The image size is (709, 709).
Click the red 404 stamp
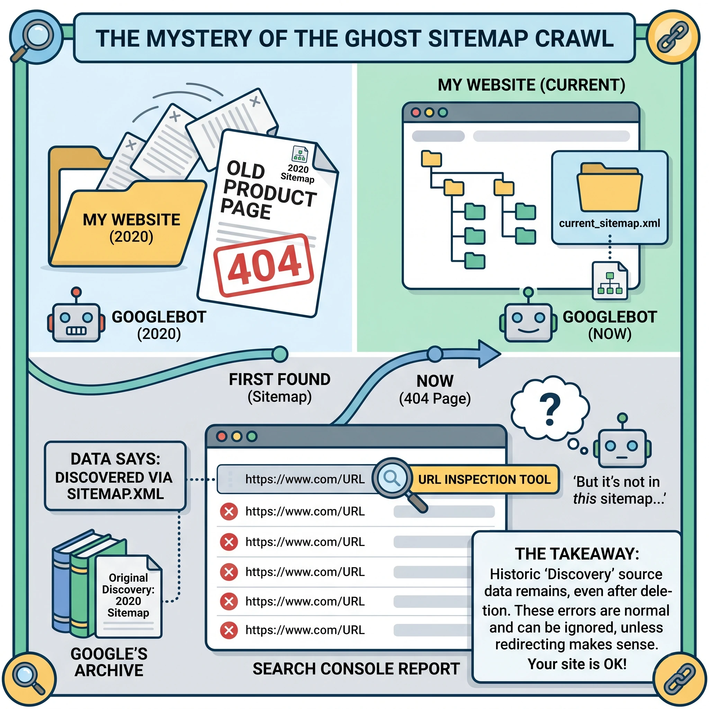tap(264, 265)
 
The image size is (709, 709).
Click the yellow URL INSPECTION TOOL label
tap(484, 479)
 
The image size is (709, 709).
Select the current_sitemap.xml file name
tap(609, 223)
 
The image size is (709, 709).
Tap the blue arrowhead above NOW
tap(488, 354)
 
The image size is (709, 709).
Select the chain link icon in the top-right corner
tap(673, 37)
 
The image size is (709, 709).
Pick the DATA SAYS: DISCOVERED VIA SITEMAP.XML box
tap(115, 476)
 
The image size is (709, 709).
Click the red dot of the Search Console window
tap(222, 436)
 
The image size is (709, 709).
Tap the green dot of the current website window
tap(443, 112)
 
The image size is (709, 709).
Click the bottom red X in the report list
tap(228, 630)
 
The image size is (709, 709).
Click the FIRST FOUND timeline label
tap(279, 380)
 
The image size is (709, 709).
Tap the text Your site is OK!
tap(577, 664)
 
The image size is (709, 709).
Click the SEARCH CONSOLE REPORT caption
tap(356, 668)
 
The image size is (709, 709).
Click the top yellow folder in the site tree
tap(431, 159)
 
